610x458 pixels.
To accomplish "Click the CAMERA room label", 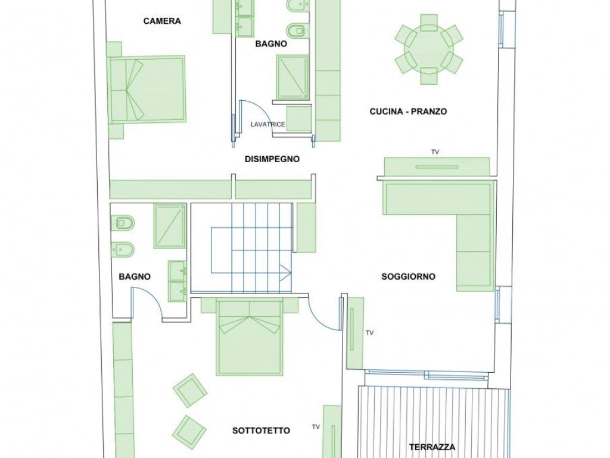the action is [x=162, y=21].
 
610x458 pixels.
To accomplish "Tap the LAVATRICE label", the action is [x=268, y=125].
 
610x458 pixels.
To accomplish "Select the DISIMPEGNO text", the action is [x=272, y=159].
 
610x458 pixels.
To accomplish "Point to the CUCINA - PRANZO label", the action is [x=408, y=112].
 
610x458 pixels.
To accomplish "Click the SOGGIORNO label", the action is [x=408, y=277].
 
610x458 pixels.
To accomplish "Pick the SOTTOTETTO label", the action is [x=261, y=431].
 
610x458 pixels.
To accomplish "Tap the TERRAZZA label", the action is [x=432, y=447].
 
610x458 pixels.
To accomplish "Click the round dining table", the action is [x=429, y=49].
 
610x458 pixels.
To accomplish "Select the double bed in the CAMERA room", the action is [x=147, y=89].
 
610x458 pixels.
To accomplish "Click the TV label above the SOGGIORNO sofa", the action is [x=435, y=152].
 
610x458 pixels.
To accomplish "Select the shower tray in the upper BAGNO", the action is [x=292, y=77].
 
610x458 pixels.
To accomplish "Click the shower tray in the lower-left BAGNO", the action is [x=170, y=226].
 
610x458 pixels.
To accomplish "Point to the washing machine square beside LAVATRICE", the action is [x=299, y=119].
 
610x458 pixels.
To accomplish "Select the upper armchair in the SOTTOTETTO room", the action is [x=190, y=390].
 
